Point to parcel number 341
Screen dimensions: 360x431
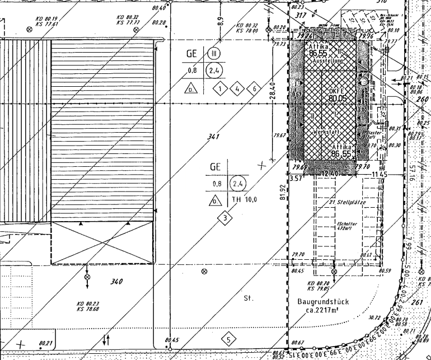pyautogui.click(x=213, y=136)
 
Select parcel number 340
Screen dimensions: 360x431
pyautogui.click(x=116, y=281)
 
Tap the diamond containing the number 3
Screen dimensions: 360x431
pyautogui.click(x=224, y=217)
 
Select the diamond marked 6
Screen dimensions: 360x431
pyautogui.click(x=254, y=88)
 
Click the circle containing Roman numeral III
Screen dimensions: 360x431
pyautogui.click(x=213, y=54)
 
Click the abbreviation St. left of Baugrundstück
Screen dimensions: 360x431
pyautogui.click(x=249, y=298)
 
